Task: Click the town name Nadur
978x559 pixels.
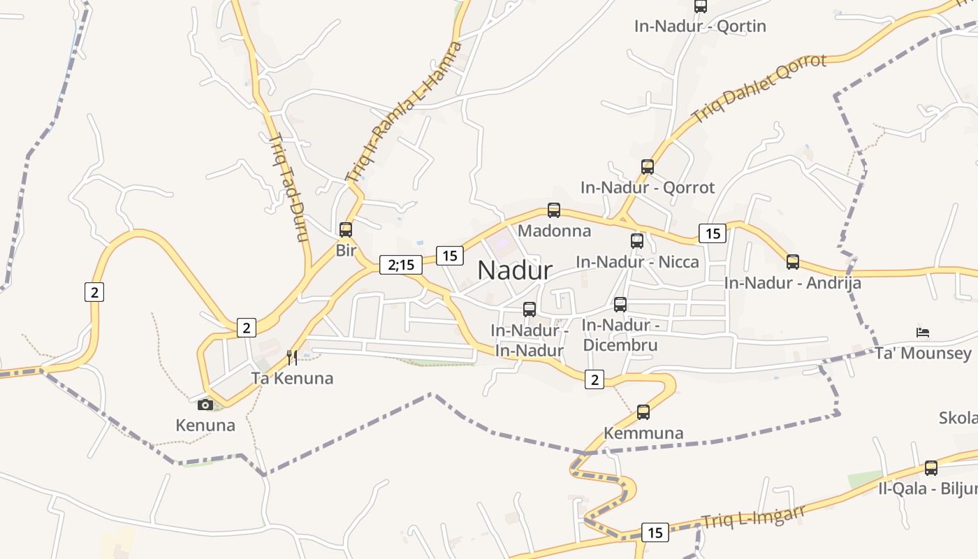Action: click(x=515, y=270)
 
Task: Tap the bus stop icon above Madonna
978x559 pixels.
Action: click(x=554, y=210)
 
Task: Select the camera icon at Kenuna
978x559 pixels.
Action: click(x=205, y=405)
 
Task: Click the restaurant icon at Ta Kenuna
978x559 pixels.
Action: click(x=292, y=358)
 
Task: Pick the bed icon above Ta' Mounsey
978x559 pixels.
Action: click(x=923, y=331)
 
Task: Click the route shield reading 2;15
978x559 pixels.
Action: click(x=401, y=265)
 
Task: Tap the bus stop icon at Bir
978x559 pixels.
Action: click(x=346, y=229)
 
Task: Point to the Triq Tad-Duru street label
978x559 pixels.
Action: click(x=289, y=187)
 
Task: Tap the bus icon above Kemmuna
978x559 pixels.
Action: click(x=643, y=412)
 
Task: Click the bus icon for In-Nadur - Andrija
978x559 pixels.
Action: click(x=793, y=262)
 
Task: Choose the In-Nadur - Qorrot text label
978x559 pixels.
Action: click(x=648, y=187)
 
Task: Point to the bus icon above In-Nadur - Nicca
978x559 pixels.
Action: click(x=637, y=241)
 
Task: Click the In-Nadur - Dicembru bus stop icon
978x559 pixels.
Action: click(x=620, y=305)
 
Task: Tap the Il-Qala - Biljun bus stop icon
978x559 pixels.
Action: click(x=931, y=468)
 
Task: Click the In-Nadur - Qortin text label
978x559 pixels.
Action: click(x=700, y=27)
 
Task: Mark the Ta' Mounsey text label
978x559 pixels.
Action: click(x=923, y=353)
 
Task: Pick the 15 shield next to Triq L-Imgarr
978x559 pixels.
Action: click(x=655, y=532)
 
